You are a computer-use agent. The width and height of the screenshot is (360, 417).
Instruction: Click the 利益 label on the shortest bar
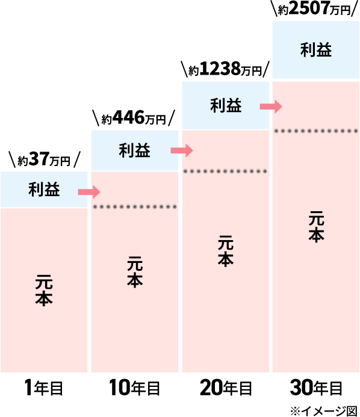(x=44, y=190)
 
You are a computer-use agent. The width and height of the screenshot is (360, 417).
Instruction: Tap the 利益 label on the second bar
(x=134, y=150)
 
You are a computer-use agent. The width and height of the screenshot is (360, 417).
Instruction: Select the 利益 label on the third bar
(x=226, y=106)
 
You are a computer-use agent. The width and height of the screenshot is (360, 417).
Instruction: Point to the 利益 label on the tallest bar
(x=316, y=50)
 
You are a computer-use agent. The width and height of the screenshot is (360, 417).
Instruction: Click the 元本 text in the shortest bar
(x=44, y=291)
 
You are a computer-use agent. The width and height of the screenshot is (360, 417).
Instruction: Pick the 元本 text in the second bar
(x=135, y=272)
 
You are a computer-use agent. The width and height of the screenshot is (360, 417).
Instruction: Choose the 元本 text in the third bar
(x=226, y=251)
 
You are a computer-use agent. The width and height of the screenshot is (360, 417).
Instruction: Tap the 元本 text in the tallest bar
(x=316, y=226)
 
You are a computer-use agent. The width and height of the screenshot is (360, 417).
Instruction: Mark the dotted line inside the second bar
(x=135, y=207)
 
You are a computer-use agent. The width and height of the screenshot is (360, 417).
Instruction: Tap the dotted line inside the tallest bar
(x=316, y=131)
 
